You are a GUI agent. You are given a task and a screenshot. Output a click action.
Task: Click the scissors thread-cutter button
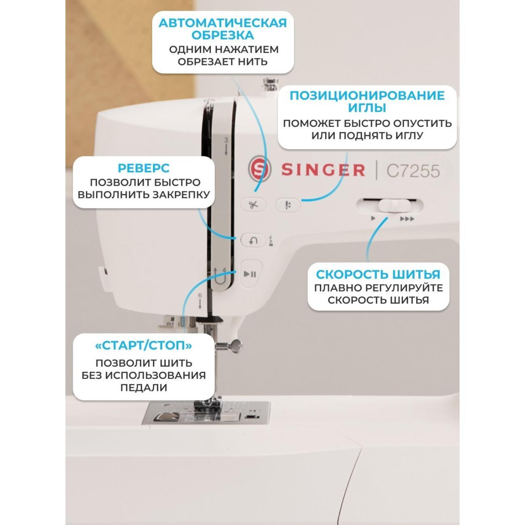pyautogui.click(x=253, y=205)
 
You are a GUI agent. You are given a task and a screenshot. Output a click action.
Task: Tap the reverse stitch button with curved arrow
pyautogui.click(x=253, y=241)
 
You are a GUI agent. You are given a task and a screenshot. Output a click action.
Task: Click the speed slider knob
pyautogui.click(x=394, y=206)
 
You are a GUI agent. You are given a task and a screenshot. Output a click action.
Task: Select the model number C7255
pyautogui.click(x=413, y=171)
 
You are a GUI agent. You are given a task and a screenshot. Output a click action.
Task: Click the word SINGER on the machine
pyautogui.click(x=323, y=170)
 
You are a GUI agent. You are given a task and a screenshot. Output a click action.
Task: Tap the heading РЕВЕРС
pyautogui.click(x=143, y=168)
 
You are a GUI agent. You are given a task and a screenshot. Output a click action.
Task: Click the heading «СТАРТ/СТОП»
pyautogui.click(x=143, y=346)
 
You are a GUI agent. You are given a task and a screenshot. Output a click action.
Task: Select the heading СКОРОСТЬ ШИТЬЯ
pyautogui.click(x=378, y=275)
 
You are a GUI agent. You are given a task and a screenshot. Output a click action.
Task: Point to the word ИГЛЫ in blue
pyautogui.click(x=367, y=108)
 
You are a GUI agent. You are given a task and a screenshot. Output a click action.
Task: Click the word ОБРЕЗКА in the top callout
pyautogui.click(x=223, y=35)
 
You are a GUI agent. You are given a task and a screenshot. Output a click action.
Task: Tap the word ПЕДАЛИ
pyautogui.click(x=143, y=388)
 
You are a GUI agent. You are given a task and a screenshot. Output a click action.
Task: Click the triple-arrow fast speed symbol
pyautogui.click(x=407, y=219)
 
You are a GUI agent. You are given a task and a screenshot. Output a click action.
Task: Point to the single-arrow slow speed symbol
pyautogui.click(x=373, y=218)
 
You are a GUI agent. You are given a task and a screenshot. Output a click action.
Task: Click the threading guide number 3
pyautogui.click(x=226, y=140)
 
